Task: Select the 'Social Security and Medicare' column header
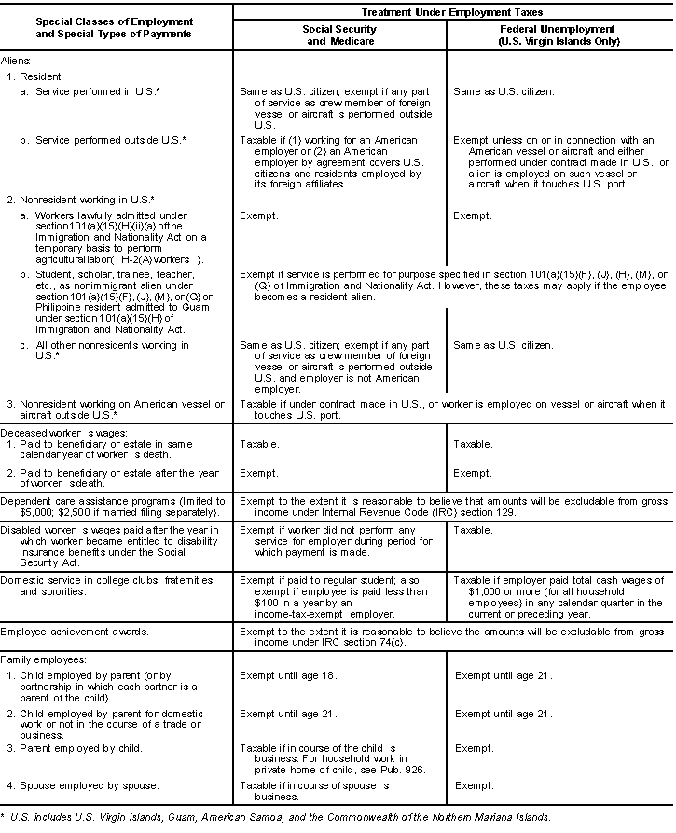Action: pos(340,35)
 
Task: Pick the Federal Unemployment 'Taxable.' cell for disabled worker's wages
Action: pos(473,530)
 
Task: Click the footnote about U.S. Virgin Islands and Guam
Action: pos(280,817)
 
